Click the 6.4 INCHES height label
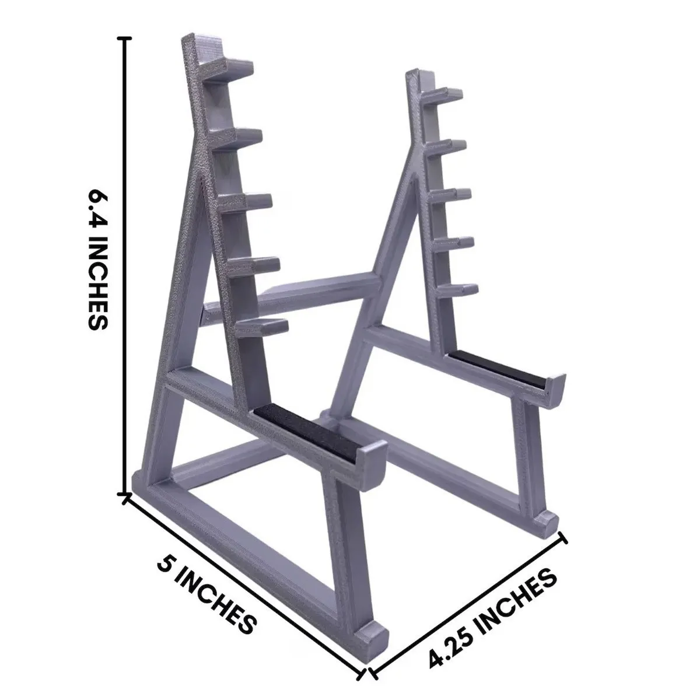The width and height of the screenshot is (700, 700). click(97, 260)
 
